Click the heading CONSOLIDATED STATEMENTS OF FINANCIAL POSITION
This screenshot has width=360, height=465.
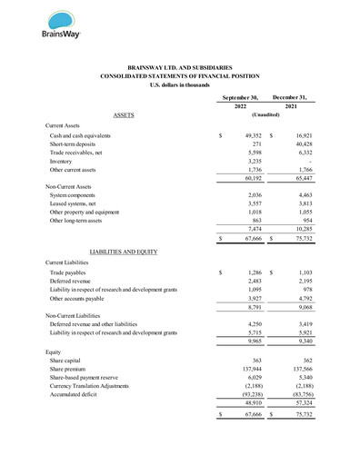(179, 76)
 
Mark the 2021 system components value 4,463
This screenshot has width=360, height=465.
(304, 195)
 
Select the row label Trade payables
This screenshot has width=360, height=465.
(69, 272)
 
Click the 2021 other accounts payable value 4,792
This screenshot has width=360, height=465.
(304, 298)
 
